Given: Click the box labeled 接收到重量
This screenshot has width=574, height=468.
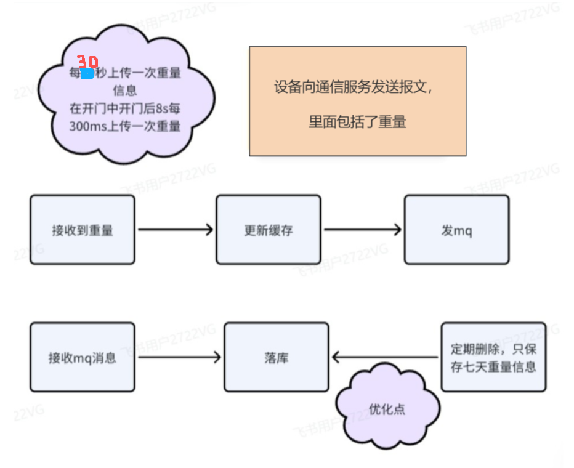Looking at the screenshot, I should (82, 230).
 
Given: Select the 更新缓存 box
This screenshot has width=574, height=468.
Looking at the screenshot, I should (268, 230).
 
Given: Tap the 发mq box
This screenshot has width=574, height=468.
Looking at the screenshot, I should (456, 230).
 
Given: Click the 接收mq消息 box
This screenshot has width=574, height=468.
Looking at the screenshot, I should (82, 357).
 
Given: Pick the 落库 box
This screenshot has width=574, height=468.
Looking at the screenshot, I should (276, 357).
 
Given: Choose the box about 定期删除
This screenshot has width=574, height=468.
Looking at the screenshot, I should (493, 357).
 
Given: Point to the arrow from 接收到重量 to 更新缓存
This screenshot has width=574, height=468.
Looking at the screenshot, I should (175, 230).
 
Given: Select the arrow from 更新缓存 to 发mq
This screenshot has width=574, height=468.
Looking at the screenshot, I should (362, 230).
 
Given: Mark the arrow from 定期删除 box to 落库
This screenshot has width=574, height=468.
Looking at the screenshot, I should (386, 357).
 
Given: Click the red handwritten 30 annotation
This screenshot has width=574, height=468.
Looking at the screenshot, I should (87, 62).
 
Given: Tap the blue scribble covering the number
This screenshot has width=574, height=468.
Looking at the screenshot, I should (87, 73).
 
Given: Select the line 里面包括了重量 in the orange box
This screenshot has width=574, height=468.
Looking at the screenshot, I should (357, 122).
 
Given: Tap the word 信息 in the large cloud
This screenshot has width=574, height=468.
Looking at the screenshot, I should (124, 91).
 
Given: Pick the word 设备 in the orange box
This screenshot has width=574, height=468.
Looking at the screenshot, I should (285, 87).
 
